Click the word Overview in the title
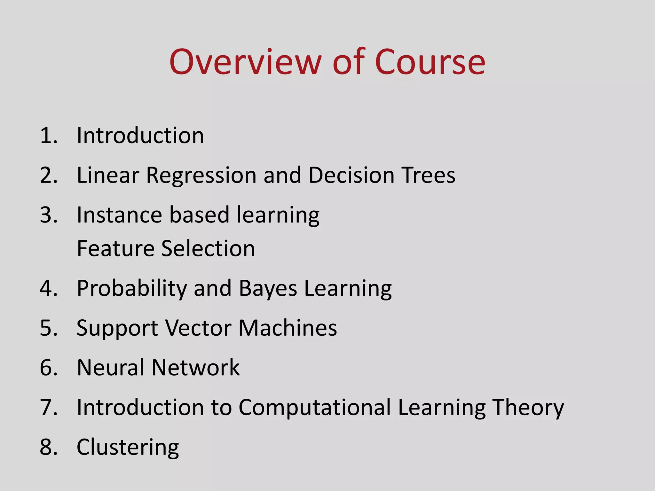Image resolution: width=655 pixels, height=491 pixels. coord(245,62)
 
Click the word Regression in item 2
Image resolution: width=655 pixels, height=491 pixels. coord(201,175)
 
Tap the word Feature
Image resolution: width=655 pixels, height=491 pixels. coord(115,248)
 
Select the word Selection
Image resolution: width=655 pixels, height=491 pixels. coord(208,248)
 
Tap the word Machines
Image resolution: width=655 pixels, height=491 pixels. coord(288,328)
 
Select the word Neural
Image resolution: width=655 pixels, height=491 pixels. coord(110,368)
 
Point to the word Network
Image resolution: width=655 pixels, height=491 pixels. coord(195,368)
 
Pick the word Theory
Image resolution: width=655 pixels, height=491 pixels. coord(528,408)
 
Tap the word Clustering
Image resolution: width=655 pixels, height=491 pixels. coord(128,448)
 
